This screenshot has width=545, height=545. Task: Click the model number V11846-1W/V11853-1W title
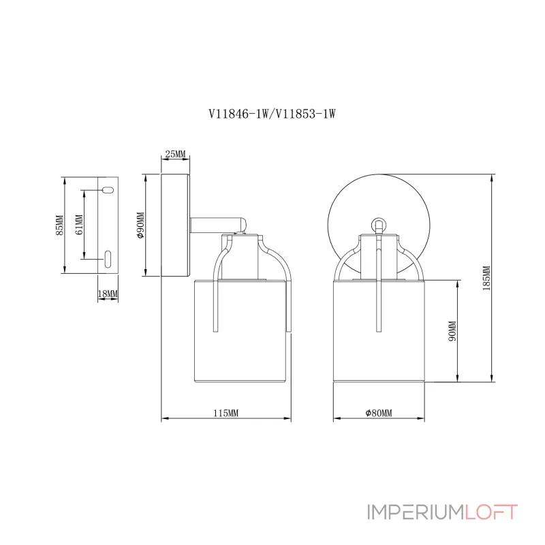click(x=272, y=115)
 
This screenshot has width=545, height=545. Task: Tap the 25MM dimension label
click(x=176, y=155)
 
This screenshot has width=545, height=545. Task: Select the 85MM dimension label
click(x=60, y=225)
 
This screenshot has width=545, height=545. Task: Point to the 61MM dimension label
click(x=79, y=224)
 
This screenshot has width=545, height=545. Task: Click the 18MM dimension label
click(x=108, y=294)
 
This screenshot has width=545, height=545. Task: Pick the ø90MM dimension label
click(x=141, y=226)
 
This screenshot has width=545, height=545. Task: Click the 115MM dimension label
click(x=225, y=414)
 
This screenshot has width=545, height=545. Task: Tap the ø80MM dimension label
click(x=379, y=414)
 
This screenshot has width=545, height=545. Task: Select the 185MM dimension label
click(x=486, y=278)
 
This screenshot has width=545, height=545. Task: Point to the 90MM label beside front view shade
click(x=452, y=331)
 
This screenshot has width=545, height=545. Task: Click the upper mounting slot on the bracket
click(x=107, y=190)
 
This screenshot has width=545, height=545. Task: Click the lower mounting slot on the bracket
click(x=108, y=258)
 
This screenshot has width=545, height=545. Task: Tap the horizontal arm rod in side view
click(x=217, y=223)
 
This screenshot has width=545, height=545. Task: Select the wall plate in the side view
click(x=176, y=225)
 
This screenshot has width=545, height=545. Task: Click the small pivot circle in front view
click(x=379, y=223)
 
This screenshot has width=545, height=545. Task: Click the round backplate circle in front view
click(x=347, y=204)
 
